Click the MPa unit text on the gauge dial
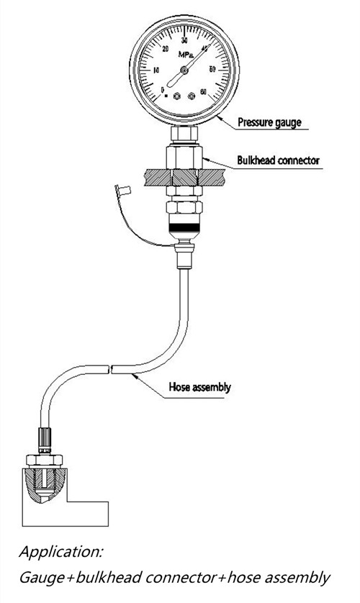[185, 55]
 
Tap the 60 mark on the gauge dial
[204, 91]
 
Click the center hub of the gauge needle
[185, 70]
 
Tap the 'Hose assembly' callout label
[199, 387]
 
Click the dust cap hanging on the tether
[120, 191]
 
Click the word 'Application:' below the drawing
[61, 553]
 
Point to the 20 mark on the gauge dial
[166, 50]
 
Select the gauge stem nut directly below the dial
[184, 135]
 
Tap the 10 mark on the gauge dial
[158, 70]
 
